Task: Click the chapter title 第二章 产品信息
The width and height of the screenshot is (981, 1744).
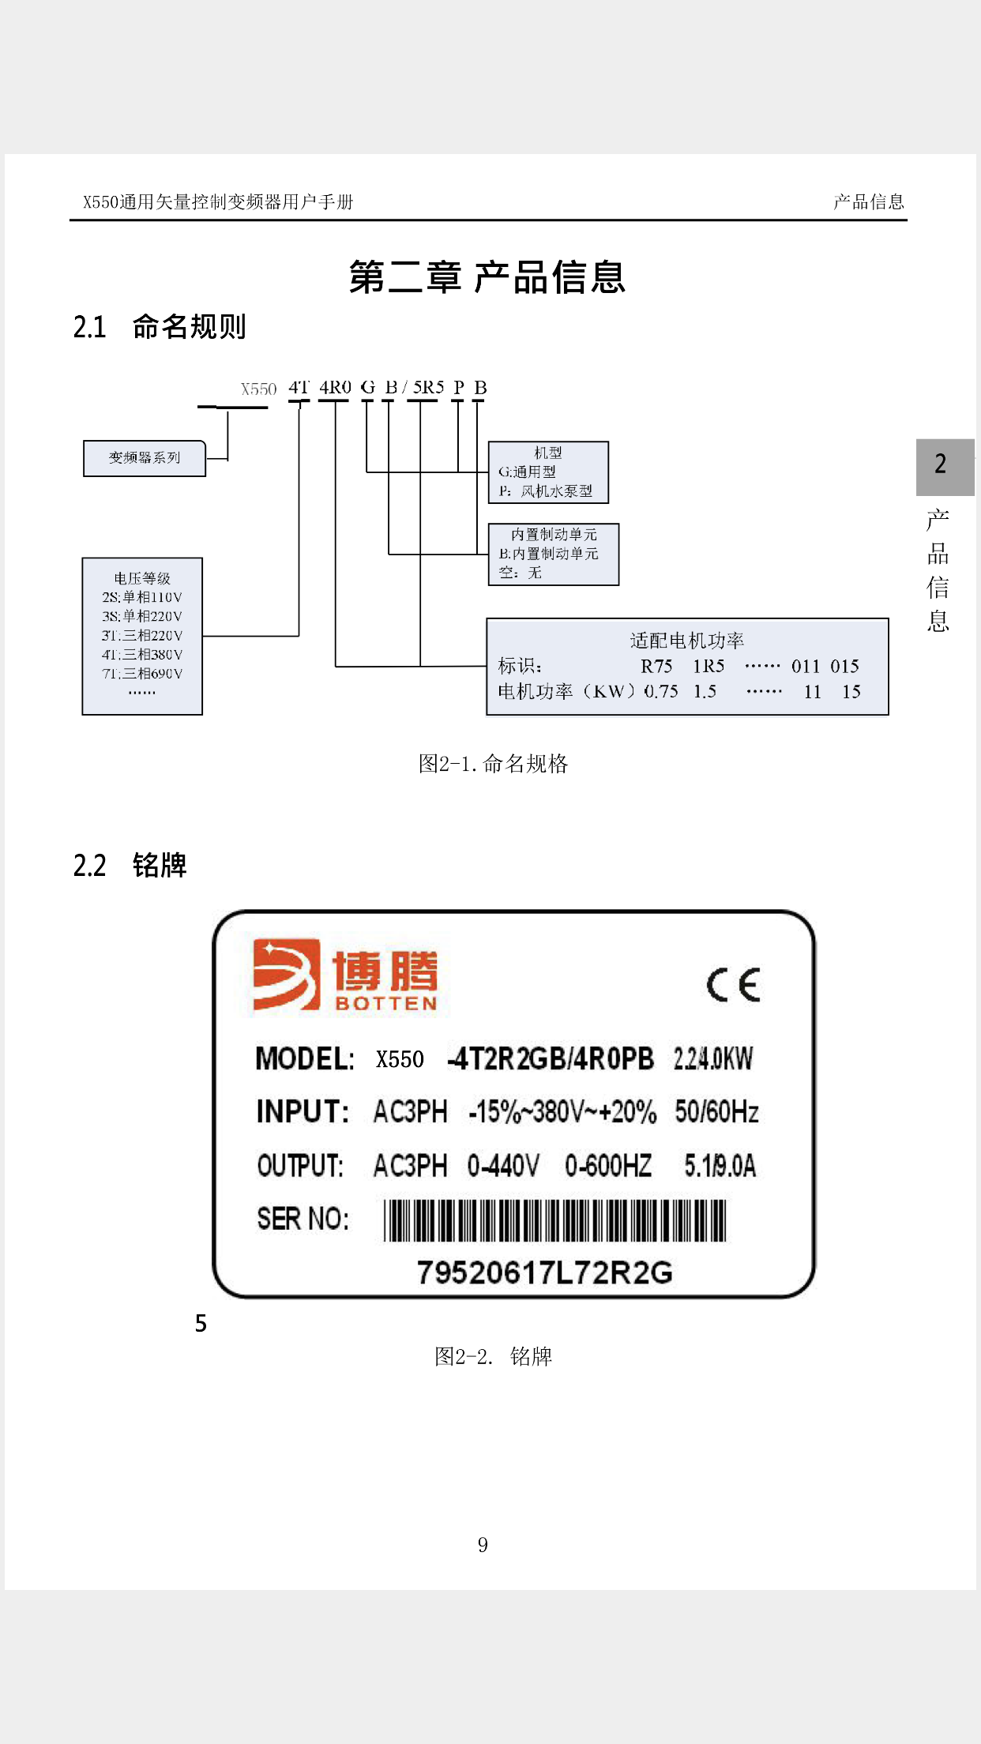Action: tap(487, 277)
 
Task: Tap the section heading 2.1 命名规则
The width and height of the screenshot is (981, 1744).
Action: tap(160, 326)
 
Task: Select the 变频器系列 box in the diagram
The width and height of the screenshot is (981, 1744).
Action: tap(145, 458)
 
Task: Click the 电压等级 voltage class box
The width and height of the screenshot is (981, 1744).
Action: tap(142, 636)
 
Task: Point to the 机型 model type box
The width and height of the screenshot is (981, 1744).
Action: tap(548, 472)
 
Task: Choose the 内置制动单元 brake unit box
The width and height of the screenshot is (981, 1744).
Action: tap(553, 554)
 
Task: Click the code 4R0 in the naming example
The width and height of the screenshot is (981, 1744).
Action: tap(335, 388)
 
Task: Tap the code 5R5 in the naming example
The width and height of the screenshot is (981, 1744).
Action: tap(428, 388)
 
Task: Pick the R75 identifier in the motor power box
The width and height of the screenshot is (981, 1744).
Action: tap(656, 666)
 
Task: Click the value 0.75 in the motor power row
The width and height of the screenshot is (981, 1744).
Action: tap(661, 692)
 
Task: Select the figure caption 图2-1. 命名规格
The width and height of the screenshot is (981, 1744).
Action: tap(493, 764)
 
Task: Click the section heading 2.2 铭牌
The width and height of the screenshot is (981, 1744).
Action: tap(130, 865)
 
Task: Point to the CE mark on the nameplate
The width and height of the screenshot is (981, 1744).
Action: tap(733, 984)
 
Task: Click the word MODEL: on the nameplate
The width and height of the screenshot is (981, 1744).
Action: tap(305, 1058)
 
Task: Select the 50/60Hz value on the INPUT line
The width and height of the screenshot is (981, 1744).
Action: tap(716, 1112)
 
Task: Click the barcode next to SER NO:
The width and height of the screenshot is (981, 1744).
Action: tap(554, 1220)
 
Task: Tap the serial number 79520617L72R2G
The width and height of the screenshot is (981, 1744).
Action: tap(544, 1272)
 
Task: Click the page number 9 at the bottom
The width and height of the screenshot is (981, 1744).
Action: tap(483, 1545)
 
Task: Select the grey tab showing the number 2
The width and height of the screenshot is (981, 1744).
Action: tap(945, 466)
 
